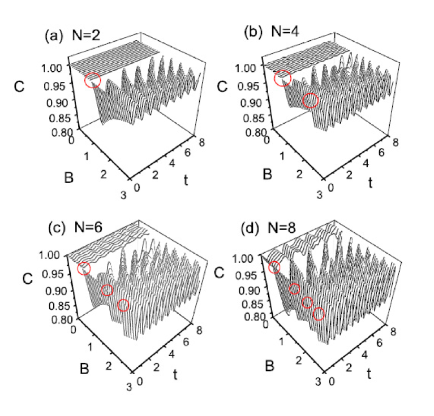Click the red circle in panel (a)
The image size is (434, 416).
[x=93, y=81]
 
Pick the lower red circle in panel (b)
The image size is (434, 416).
[x=311, y=101]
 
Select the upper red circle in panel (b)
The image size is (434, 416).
[x=282, y=79]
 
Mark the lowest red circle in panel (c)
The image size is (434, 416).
[x=123, y=306]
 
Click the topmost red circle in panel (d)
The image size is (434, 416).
[x=274, y=267]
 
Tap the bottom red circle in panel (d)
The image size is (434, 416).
[x=319, y=314]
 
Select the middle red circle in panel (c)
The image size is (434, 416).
[x=107, y=291]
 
